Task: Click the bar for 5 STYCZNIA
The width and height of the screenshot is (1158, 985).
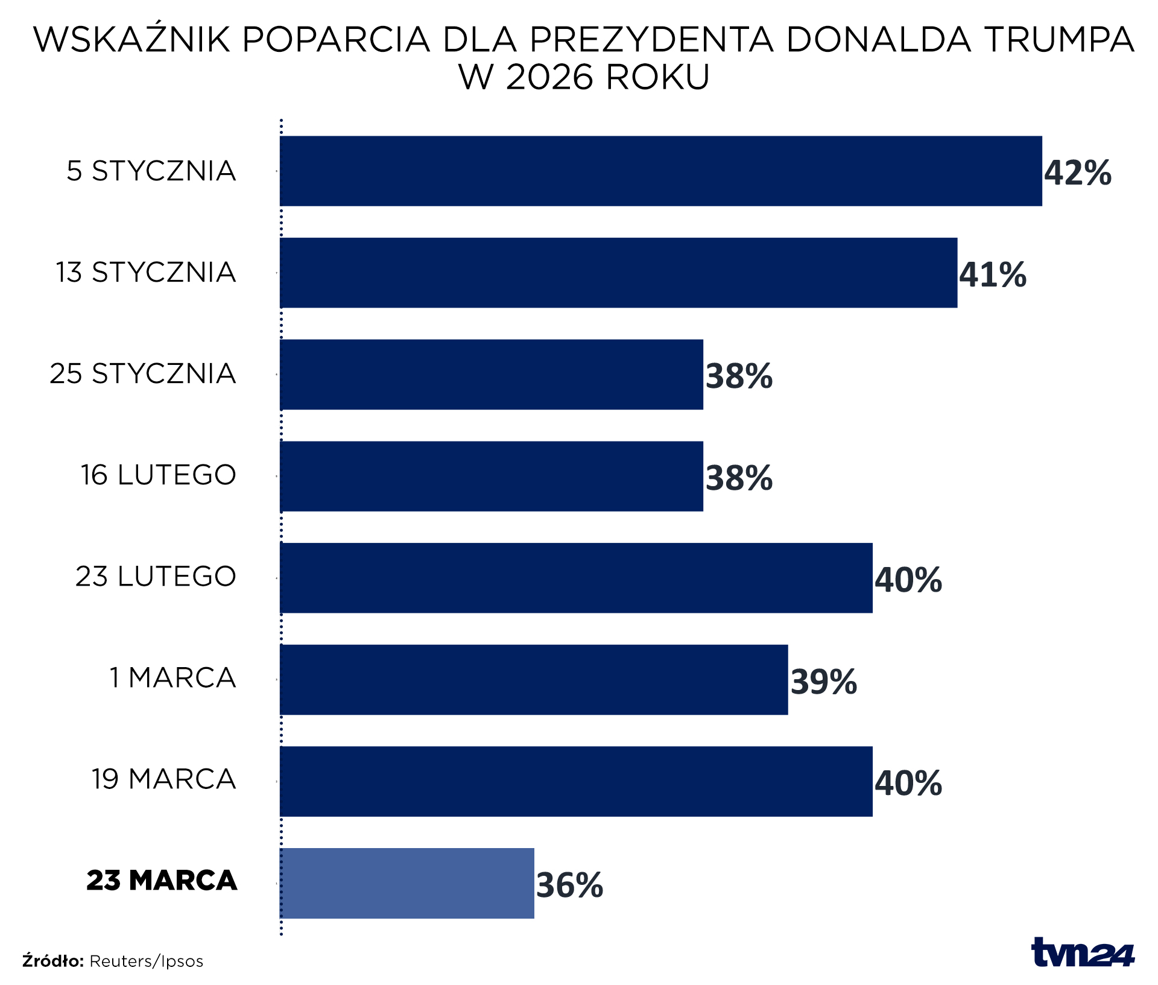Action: tap(660, 171)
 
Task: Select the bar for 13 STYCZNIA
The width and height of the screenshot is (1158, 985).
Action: tap(618, 273)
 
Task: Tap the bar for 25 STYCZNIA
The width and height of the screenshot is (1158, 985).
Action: tap(492, 375)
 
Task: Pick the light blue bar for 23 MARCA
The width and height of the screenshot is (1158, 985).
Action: tap(407, 883)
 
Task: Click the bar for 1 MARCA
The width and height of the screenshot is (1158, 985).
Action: tap(534, 680)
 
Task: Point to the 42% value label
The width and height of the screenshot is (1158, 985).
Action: tap(1078, 173)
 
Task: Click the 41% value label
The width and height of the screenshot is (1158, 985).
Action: tap(993, 275)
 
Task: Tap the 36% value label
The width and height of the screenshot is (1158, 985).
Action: tap(569, 885)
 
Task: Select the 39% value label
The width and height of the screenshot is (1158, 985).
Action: tap(823, 682)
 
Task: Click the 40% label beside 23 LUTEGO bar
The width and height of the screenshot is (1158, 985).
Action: tap(908, 580)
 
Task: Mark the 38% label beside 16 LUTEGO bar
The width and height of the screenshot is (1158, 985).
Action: tap(739, 478)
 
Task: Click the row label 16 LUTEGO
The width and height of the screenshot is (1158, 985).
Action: tap(159, 475)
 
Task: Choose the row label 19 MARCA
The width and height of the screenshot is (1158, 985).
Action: tap(163, 779)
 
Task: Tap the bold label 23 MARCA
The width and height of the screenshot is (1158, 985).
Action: tap(162, 880)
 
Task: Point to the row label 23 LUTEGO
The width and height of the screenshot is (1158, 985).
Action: tap(156, 576)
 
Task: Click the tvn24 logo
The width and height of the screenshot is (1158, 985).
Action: tap(1083, 953)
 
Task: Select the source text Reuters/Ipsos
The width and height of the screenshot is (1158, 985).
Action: tap(146, 961)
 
